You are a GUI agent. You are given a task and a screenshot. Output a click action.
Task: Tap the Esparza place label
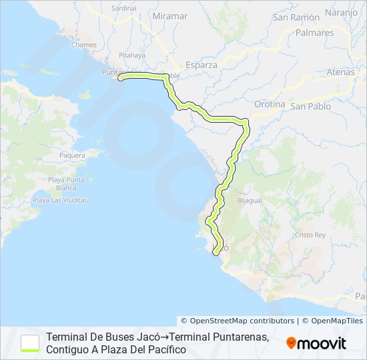pyautogui.click(x=202, y=65)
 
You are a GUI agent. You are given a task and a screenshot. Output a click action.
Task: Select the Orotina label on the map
pyautogui.click(x=270, y=105)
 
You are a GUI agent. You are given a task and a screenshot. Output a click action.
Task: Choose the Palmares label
pyautogui.click(x=312, y=32)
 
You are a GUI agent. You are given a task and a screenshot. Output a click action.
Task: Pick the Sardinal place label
pyautogui.click(x=124, y=9)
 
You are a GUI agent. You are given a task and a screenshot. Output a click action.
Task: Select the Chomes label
pyautogui.click(x=84, y=45)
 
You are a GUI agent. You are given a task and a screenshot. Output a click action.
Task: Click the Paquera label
pyautogui.click(x=73, y=155)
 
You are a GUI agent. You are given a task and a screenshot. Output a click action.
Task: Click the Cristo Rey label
pyautogui.click(x=310, y=235)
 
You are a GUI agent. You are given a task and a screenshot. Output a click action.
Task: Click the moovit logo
pyautogui.click(x=316, y=343)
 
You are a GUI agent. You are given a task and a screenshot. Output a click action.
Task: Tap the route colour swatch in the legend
pyautogui.click(x=30, y=343)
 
